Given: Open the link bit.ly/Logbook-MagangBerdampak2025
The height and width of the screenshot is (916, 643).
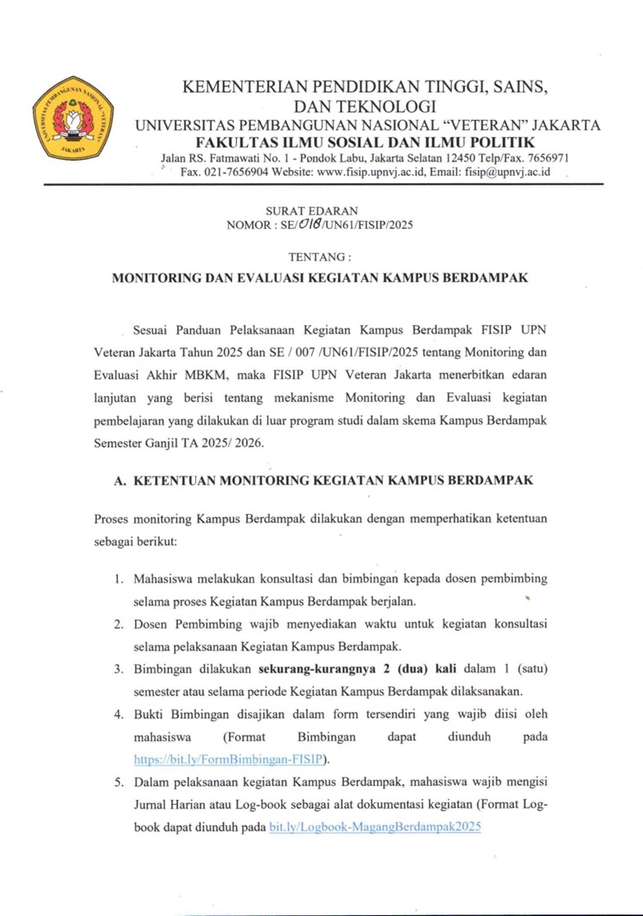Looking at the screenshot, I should [x=373, y=827].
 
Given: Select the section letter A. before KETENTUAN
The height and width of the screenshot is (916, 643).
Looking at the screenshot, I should [x=118, y=481].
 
